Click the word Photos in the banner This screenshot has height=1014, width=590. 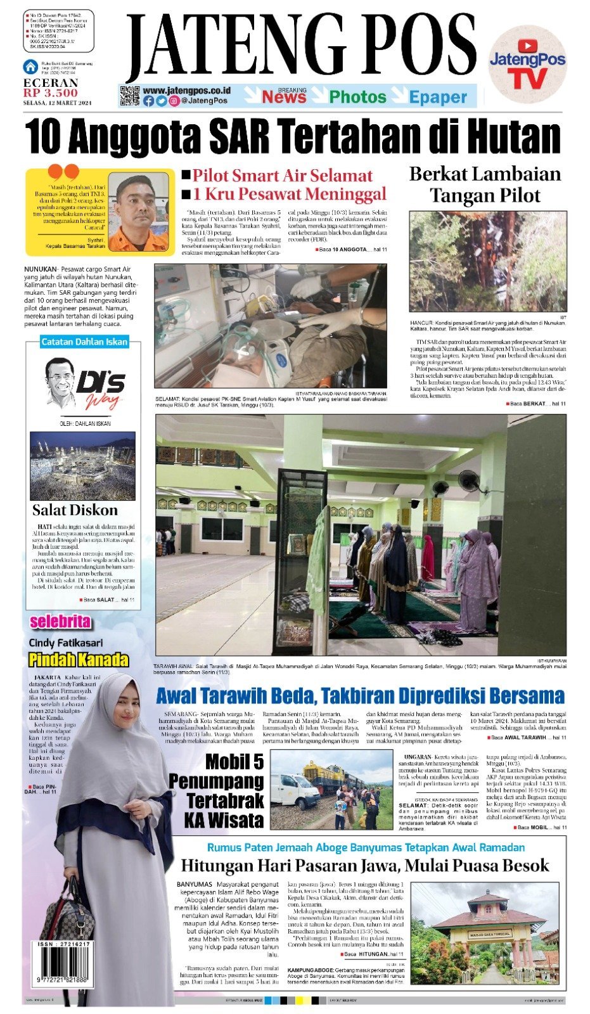[357, 97]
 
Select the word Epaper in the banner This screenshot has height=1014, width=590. [438, 97]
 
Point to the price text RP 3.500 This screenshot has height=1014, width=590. [51, 93]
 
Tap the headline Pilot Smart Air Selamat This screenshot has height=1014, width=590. [282, 176]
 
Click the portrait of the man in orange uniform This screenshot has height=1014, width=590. [138, 213]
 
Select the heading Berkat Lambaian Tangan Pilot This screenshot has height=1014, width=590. [485, 184]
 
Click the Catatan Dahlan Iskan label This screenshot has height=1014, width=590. [84, 342]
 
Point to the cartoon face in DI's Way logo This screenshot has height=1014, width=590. [61, 382]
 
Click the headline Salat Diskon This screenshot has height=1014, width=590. [75, 510]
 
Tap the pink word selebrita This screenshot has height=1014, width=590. [61, 621]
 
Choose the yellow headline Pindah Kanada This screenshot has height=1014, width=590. [79, 660]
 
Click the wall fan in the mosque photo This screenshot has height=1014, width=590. [470, 482]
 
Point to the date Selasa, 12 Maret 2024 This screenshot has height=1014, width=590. [58, 103]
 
